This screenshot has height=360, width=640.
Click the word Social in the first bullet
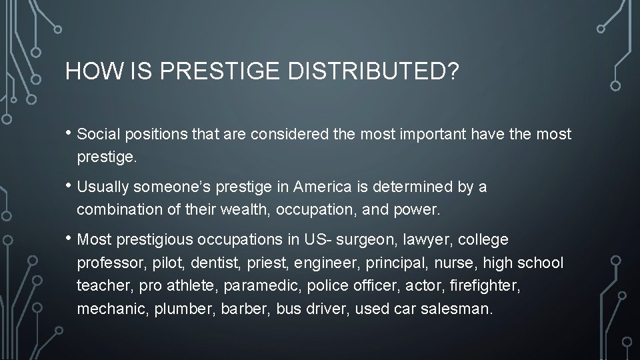tap(97, 134)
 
